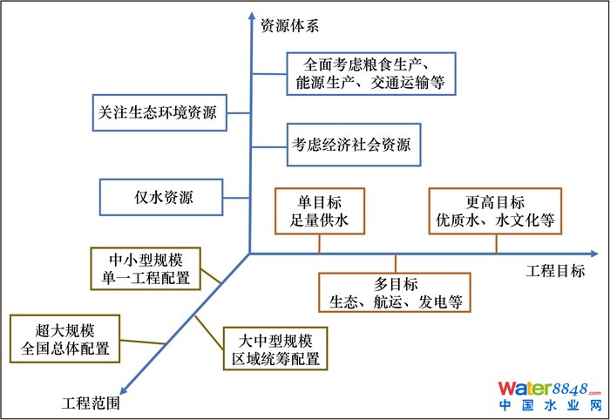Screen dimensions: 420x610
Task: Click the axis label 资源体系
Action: pyautogui.click(x=290, y=25)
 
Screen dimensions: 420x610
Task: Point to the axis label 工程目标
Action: pyautogui.click(x=555, y=271)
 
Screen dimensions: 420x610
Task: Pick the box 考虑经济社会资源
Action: pyautogui.click(x=351, y=145)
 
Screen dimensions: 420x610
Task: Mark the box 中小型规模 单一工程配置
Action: pyautogui.click(x=145, y=268)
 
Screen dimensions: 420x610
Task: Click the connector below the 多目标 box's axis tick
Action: pyautogui.click(x=395, y=263)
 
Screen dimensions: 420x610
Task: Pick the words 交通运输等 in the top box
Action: pyautogui.click(x=409, y=84)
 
